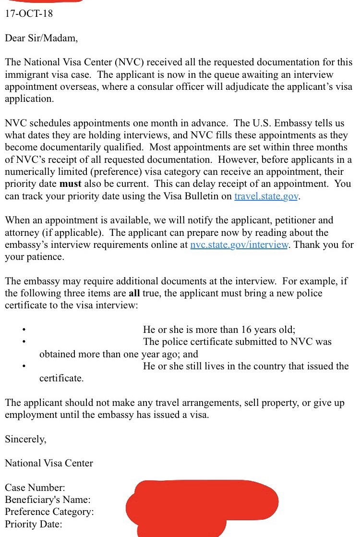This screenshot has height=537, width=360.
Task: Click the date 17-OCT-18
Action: pyautogui.click(x=29, y=13)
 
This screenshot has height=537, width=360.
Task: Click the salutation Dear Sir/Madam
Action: pyautogui.click(x=41, y=38)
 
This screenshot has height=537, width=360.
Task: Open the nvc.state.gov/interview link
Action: pyautogui.click(x=239, y=244)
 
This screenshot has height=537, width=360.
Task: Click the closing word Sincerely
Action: pyautogui.click(x=26, y=439)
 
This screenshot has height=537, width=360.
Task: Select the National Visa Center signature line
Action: pyautogui.click(x=49, y=463)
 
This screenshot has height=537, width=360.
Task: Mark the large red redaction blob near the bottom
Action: pyautogui.click(x=202, y=504)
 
